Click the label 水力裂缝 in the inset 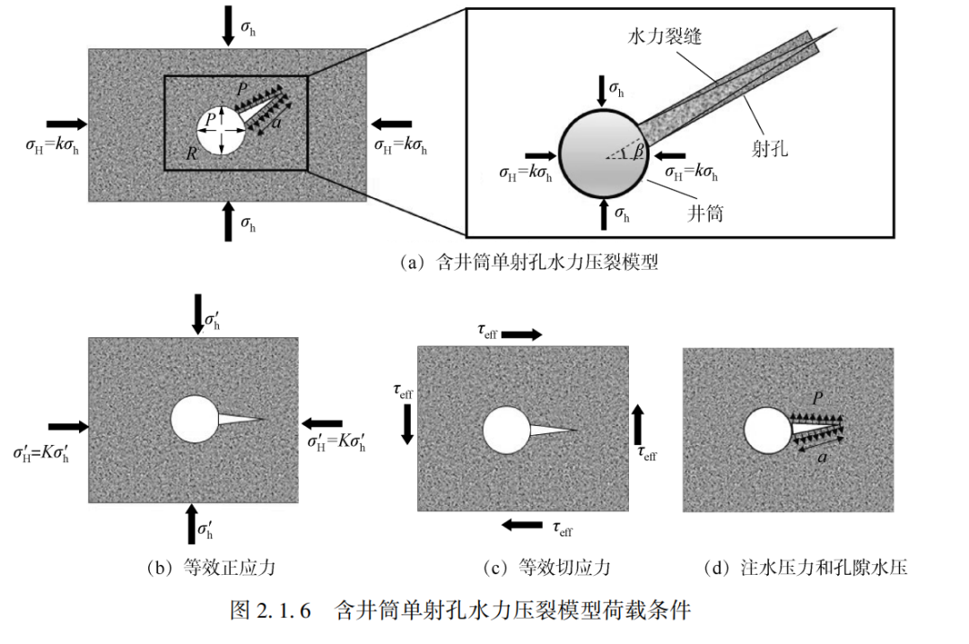pyautogui.click(x=664, y=37)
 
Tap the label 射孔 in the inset pyautogui.click(x=770, y=148)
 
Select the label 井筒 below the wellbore pyautogui.click(x=705, y=213)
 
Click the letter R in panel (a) pyautogui.click(x=192, y=152)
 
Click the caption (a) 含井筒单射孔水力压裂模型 pyautogui.click(x=529, y=262)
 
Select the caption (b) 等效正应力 pyautogui.click(x=212, y=568)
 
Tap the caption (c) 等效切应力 pyautogui.click(x=547, y=568)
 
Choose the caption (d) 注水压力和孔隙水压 pyautogui.click(x=805, y=568)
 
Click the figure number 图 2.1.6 pyautogui.click(x=271, y=610)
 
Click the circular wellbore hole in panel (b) pyautogui.click(x=195, y=420)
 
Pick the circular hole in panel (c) pyautogui.click(x=506, y=431)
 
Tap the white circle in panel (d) pyautogui.click(x=768, y=431)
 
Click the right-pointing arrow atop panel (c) pyautogui.click(x=521, y=335)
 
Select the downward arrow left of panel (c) pyautogui.click(x=407, y=424)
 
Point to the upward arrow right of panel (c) pyautogui.click(x=638, y=424)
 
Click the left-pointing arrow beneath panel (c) pyautogui.click(x=522, y=526)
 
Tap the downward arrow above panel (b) pyautogui.click(x=197, y=314)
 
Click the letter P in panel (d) pyautogui.click(x=817, y=398)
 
